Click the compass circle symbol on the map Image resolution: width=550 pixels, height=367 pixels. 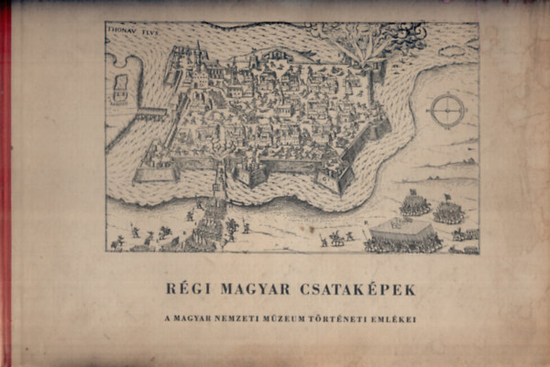tap(447, 111)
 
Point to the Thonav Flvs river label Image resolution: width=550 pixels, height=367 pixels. tap(130, 30)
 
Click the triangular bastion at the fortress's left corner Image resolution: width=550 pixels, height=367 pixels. tap(147, 170)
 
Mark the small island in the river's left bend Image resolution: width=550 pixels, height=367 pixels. tap(120, 88)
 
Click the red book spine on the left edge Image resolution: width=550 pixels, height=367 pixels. tap(5, 183)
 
